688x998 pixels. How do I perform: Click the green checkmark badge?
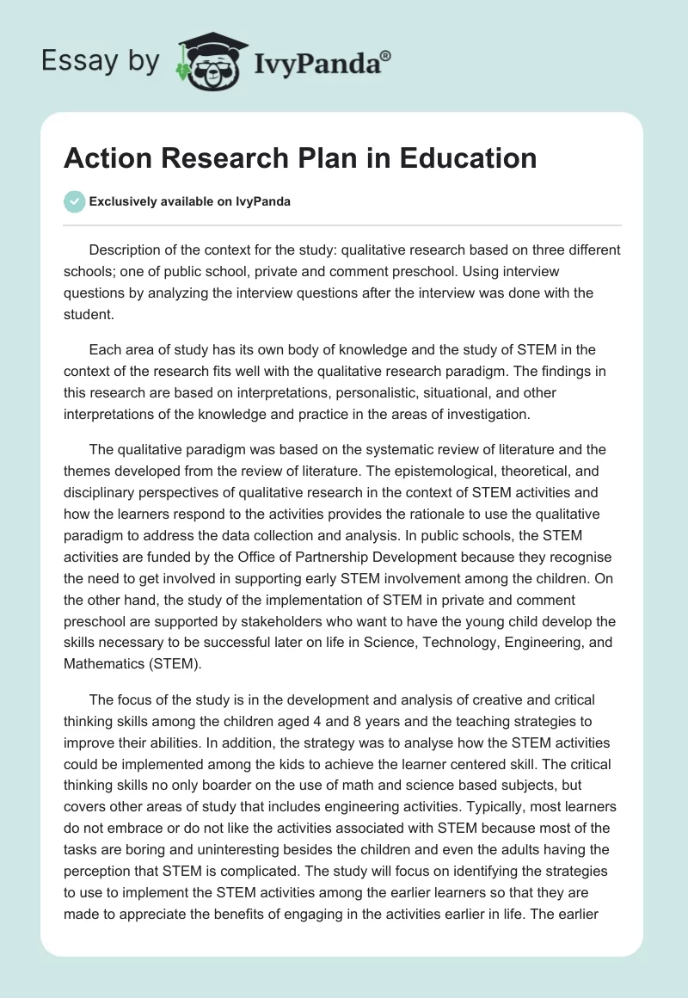(74, 201)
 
